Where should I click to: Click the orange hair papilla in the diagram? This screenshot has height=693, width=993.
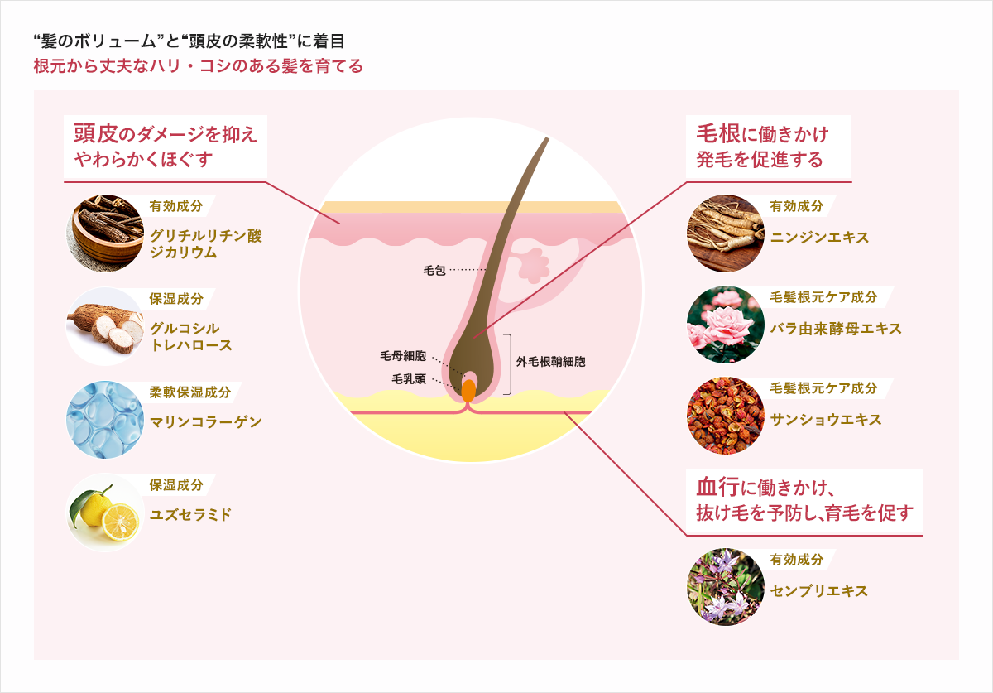[x=468, y=391]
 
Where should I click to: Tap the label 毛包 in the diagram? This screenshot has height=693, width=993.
[x=434, y=270]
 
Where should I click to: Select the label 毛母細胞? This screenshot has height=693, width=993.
[x=403, y=356]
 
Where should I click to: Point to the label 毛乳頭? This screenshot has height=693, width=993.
[x=409, y=379]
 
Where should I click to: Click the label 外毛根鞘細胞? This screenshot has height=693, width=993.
[x=550, y=362]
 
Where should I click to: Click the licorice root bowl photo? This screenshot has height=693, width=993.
[x=105, y=233]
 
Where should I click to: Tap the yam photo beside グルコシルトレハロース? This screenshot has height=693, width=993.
[x=105, y=326]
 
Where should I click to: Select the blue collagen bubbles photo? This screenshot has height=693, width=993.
[x=105, y=420]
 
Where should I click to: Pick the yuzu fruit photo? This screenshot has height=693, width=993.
[x=105, y=513]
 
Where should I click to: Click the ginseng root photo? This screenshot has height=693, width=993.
[x=726, y=233]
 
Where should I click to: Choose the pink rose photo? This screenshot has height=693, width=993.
[x=726, y=325]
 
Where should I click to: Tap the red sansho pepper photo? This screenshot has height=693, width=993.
[x=726, y=416]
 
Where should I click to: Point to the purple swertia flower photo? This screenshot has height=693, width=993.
[x=726, y=587]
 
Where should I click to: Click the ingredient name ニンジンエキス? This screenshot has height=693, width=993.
[x=819, y=238]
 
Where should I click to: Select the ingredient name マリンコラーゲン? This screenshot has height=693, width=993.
[x=206, y=422]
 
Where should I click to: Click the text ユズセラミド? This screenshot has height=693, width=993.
[x=190, y=515]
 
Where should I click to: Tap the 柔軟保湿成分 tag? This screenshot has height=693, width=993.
[x=190, y=392]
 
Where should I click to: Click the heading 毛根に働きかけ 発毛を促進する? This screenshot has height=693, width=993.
[x=762, y=147]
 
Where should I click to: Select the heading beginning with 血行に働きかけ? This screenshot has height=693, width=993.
[x=804, y=500]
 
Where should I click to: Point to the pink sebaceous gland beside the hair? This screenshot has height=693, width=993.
[x=533, y=265]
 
